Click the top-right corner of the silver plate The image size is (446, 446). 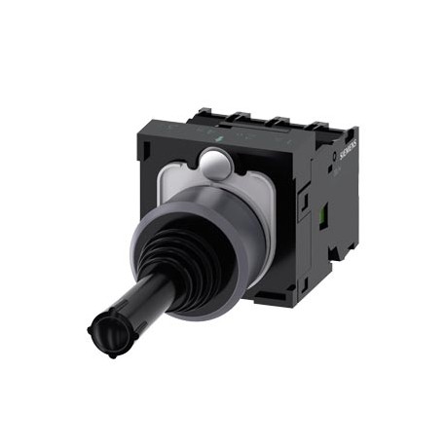click(282, 167)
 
